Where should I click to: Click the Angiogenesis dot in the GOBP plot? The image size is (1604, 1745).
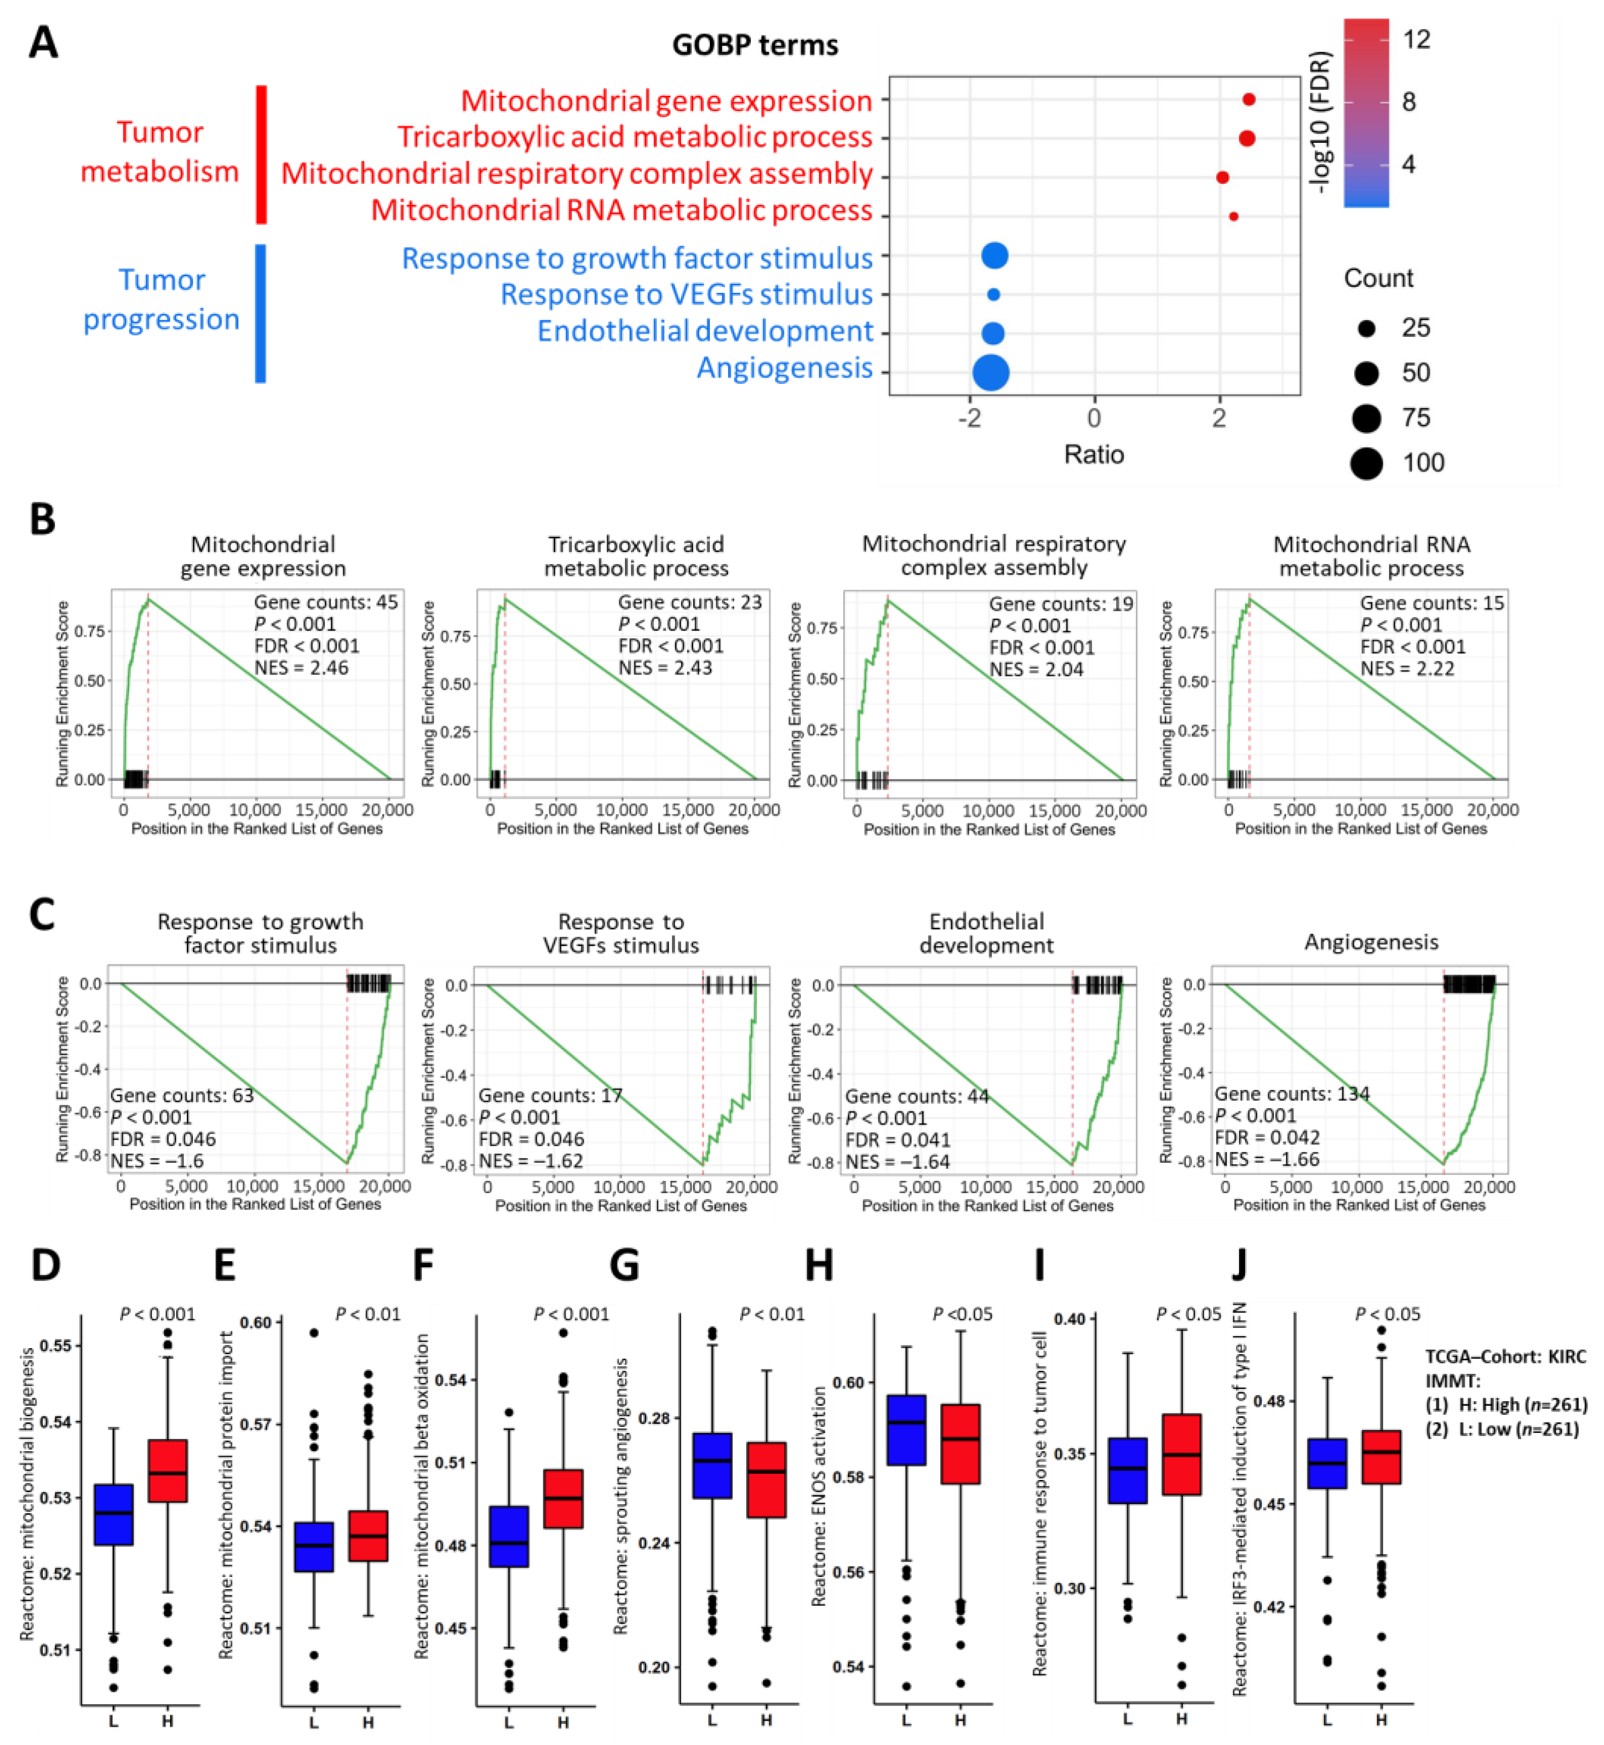pos(991,373)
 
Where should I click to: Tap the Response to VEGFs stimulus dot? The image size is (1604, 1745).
pos(994,294)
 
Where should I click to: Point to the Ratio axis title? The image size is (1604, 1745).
pos(1094,454)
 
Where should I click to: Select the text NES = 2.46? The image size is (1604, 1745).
pos(301,668)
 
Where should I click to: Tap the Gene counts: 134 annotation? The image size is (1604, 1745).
pos(1291,1094)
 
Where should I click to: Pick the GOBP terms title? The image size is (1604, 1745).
pos(755,45)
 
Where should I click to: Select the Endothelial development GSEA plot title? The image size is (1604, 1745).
pos(987,933)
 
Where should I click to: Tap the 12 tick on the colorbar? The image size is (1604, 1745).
pos(1417,39)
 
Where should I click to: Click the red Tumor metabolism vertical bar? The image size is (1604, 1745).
pos(261,155)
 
